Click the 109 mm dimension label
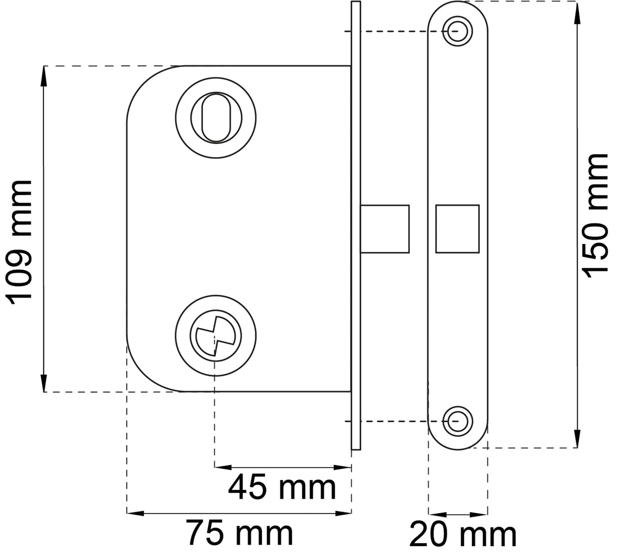point(19,242)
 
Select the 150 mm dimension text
point(595,216)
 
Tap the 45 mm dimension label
point(282,487)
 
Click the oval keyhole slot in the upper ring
point(216,118)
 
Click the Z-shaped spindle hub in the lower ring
point(216,336)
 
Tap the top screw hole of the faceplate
point(458,31)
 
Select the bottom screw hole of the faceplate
point(458,421)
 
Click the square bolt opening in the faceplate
point(458,228)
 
